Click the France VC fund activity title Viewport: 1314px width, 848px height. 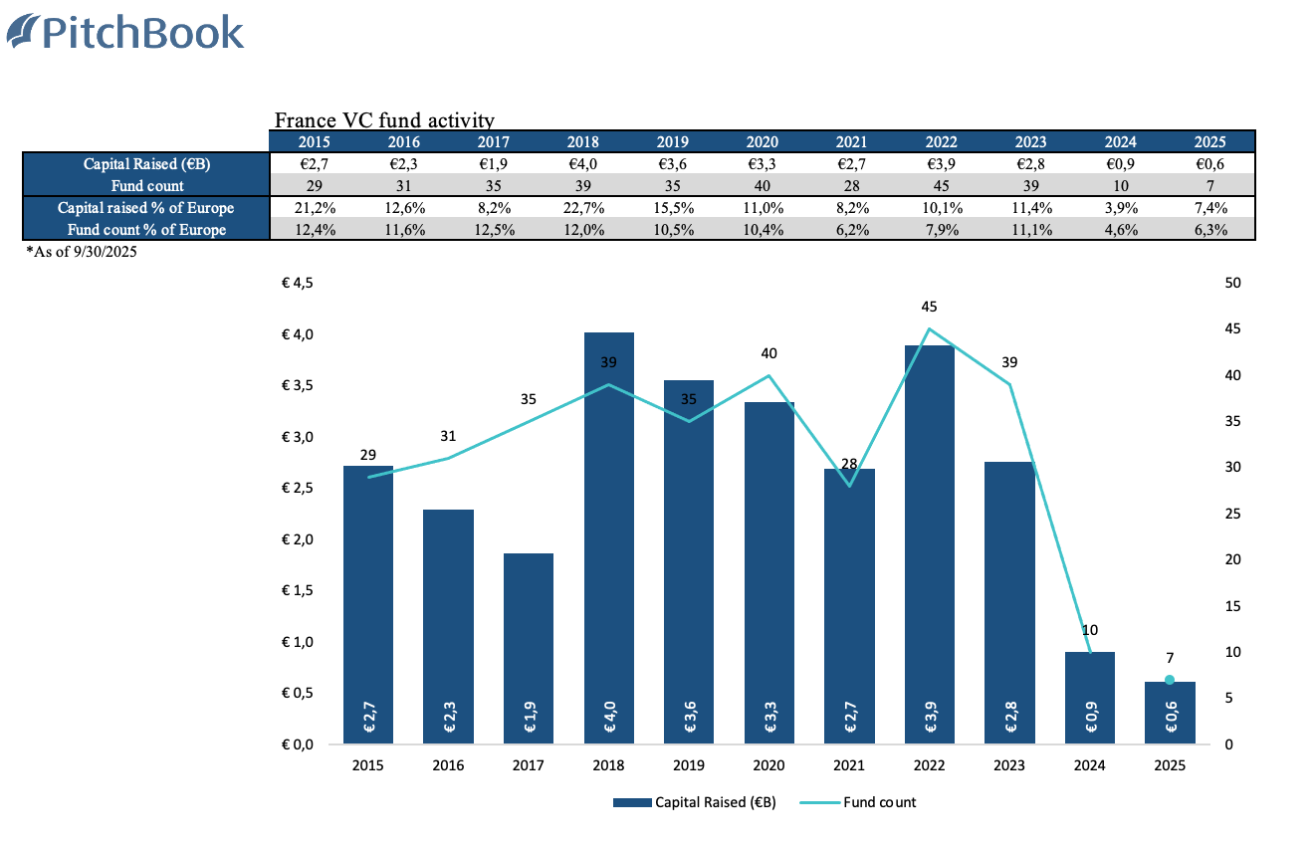[x=384, y=121]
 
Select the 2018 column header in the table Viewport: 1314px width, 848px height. [x=583, y=142]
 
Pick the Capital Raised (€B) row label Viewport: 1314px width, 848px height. [x=146, y=164]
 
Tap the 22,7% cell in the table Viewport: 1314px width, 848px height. [x=583, y=208]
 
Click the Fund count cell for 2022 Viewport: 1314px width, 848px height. [x=941, y=186]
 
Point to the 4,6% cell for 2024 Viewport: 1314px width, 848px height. [x=1120, y=230]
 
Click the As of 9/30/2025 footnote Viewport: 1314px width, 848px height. [x=82, y=253]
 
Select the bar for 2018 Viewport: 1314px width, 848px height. [x=608, y=537]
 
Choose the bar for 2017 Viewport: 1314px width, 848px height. [x=529, y=647]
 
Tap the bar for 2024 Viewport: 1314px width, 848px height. [x=1090, y=697]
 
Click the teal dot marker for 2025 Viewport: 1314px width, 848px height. [x=1170, y=680]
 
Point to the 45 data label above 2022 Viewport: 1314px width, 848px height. [x=930, y=307]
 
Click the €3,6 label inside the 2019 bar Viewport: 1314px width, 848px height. [x=689, y=717]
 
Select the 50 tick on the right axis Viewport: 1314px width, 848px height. [x=1232, y=283]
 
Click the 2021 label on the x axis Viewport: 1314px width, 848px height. [x=849, y=766]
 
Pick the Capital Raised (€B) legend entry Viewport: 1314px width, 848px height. [x=695, y=802]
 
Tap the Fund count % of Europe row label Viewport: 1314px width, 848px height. [x=146, y=230]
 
